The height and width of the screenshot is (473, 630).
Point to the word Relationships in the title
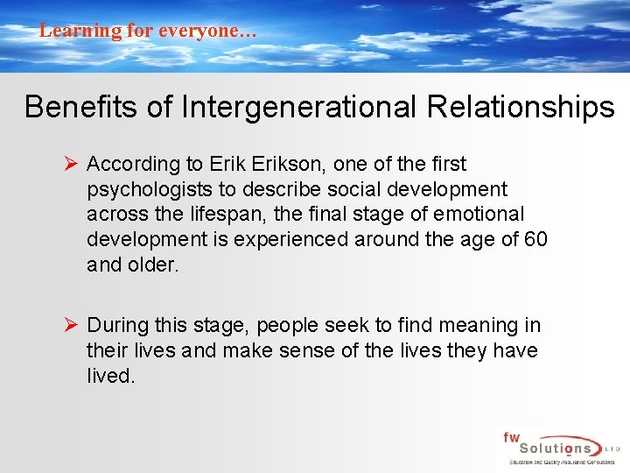point(521,107)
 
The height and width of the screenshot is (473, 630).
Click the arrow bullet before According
point(73,164)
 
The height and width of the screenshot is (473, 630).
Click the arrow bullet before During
point(73,326)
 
